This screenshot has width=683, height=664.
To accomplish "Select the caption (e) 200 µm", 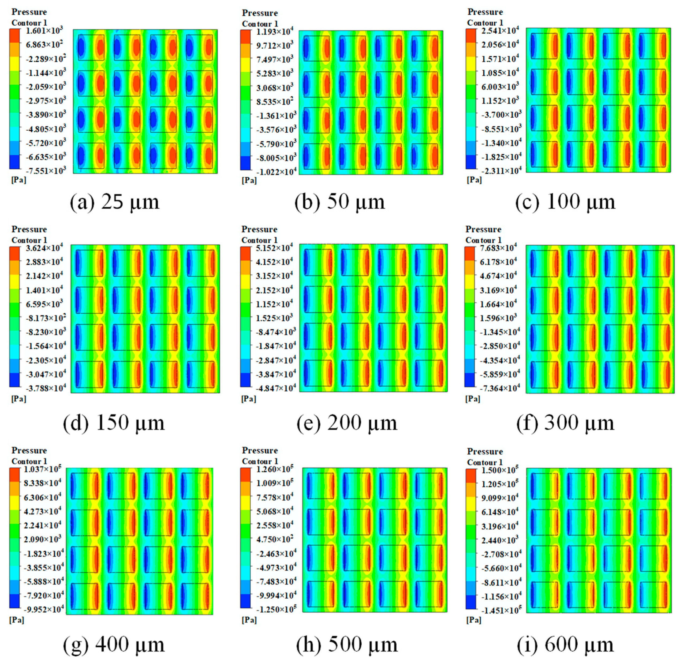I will (347, 423).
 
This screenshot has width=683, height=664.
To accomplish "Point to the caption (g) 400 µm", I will (114, 644).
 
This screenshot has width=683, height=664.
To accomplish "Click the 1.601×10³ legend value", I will (44, 31).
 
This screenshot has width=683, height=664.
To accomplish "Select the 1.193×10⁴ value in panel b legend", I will (275, 32).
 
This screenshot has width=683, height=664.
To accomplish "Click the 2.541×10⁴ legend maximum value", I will (500, 31).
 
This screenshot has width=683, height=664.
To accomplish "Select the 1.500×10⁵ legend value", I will (500, 471).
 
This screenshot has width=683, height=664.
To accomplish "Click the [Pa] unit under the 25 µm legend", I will (18, 180).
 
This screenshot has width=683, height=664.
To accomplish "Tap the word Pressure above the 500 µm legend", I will (260, 451).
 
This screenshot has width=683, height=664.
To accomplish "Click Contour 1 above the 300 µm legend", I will (483, 240).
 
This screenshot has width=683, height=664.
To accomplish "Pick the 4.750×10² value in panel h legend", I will (275, 540).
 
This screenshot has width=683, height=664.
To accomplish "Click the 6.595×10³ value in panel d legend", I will (44, 304).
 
